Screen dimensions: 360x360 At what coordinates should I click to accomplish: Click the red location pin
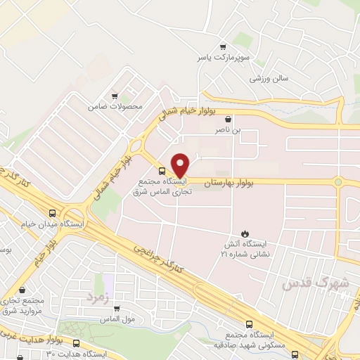181,165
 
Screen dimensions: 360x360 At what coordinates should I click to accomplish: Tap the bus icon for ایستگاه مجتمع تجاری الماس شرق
162,171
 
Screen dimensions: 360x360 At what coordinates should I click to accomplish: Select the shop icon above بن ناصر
228,120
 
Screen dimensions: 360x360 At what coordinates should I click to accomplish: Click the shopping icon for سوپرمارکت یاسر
224,44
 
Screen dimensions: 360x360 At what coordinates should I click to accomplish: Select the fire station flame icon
244,233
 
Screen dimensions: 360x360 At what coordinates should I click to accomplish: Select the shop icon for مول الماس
116,307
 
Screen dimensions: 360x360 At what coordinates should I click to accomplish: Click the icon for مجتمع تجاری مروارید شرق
22,289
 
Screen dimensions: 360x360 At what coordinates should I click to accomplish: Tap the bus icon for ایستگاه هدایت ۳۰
75,343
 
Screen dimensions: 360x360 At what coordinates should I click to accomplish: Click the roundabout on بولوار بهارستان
338,182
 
